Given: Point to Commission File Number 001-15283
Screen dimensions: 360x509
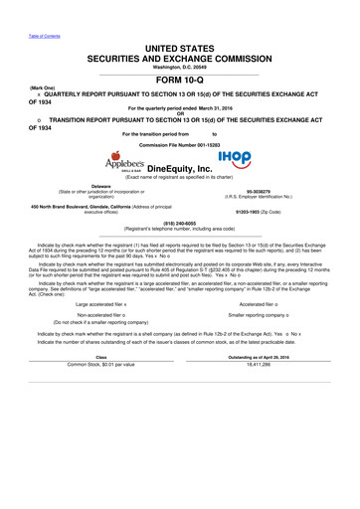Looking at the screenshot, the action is click(x=179, y=145).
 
